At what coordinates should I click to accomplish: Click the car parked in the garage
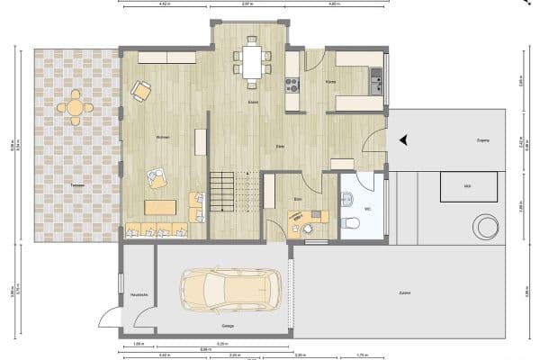click(x=230, y=290)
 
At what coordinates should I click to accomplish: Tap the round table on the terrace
click(x=75, y=107)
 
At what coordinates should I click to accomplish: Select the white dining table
click(x=252, y=62)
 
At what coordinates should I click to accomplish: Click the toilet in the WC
click(x=351, y=222)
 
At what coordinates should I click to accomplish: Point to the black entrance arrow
click(x=404, y=139)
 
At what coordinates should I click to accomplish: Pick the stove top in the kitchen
click(x=292, y=86)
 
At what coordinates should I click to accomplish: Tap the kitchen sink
click(x=376, y=84)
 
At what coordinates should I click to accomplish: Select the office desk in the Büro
click(x=306, y=217)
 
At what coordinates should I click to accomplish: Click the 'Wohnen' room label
click(x=163, y=137)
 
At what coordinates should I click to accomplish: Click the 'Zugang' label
click(x=482, y=141)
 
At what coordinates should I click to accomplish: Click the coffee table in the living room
click(x=161, y=208)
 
